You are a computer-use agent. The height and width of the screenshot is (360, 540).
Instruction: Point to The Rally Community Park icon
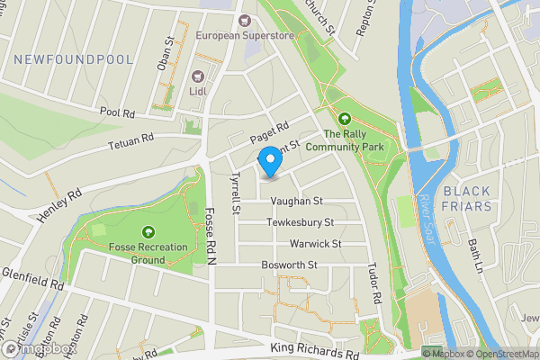pos(344,118)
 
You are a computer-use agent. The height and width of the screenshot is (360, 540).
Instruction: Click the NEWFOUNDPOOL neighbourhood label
pos(74,59)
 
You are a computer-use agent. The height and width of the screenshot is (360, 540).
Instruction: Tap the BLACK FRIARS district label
pos(467,199)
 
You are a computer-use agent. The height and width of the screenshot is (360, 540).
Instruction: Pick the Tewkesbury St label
pos(301,222)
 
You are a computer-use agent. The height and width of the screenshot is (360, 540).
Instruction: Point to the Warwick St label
pos(315,244)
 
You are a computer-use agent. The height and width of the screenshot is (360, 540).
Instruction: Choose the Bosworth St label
pos(290,265)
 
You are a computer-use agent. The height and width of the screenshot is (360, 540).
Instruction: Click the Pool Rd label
pos(118,113)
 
